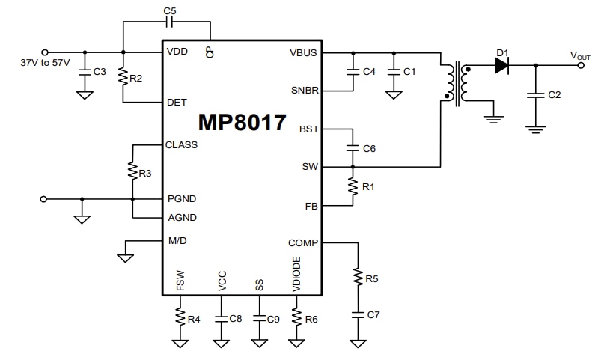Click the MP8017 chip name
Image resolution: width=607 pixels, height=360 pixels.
(x=242, y=123)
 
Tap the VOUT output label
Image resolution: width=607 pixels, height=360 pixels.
(x=580, y=55)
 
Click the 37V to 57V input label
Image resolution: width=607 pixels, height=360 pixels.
(x=46, y=63)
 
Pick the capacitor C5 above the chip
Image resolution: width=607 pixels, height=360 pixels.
(x=168, y=22)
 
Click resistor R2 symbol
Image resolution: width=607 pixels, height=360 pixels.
(x=123, y=78)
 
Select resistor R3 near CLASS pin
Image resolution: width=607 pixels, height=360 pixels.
(x=132, y=173)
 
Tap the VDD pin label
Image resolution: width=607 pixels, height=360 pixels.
(x=177, y=52)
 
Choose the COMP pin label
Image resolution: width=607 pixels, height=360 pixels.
(x=302, y=242)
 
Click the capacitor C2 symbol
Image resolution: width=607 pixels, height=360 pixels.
(x=534, y=95)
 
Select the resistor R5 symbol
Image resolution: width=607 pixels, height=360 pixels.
(x=357, y=279)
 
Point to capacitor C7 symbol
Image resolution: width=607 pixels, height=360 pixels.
(x=357, y=315)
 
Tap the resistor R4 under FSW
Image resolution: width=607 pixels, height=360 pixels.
(x=180, y=318)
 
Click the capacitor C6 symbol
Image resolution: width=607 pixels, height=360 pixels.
(x=350, y=148)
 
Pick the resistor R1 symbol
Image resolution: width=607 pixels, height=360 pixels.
(x=350, y=186)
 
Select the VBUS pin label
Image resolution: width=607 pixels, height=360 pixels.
(x=303, y=52)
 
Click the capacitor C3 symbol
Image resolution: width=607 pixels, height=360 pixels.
(x=84, y=72)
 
